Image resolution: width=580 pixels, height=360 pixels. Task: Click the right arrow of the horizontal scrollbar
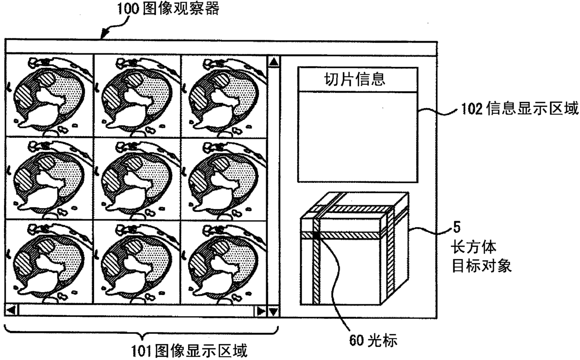point(259,310)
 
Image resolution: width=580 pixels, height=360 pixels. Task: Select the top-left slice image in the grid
point(49,95)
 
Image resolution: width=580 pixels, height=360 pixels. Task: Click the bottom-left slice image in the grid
point(49,262)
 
